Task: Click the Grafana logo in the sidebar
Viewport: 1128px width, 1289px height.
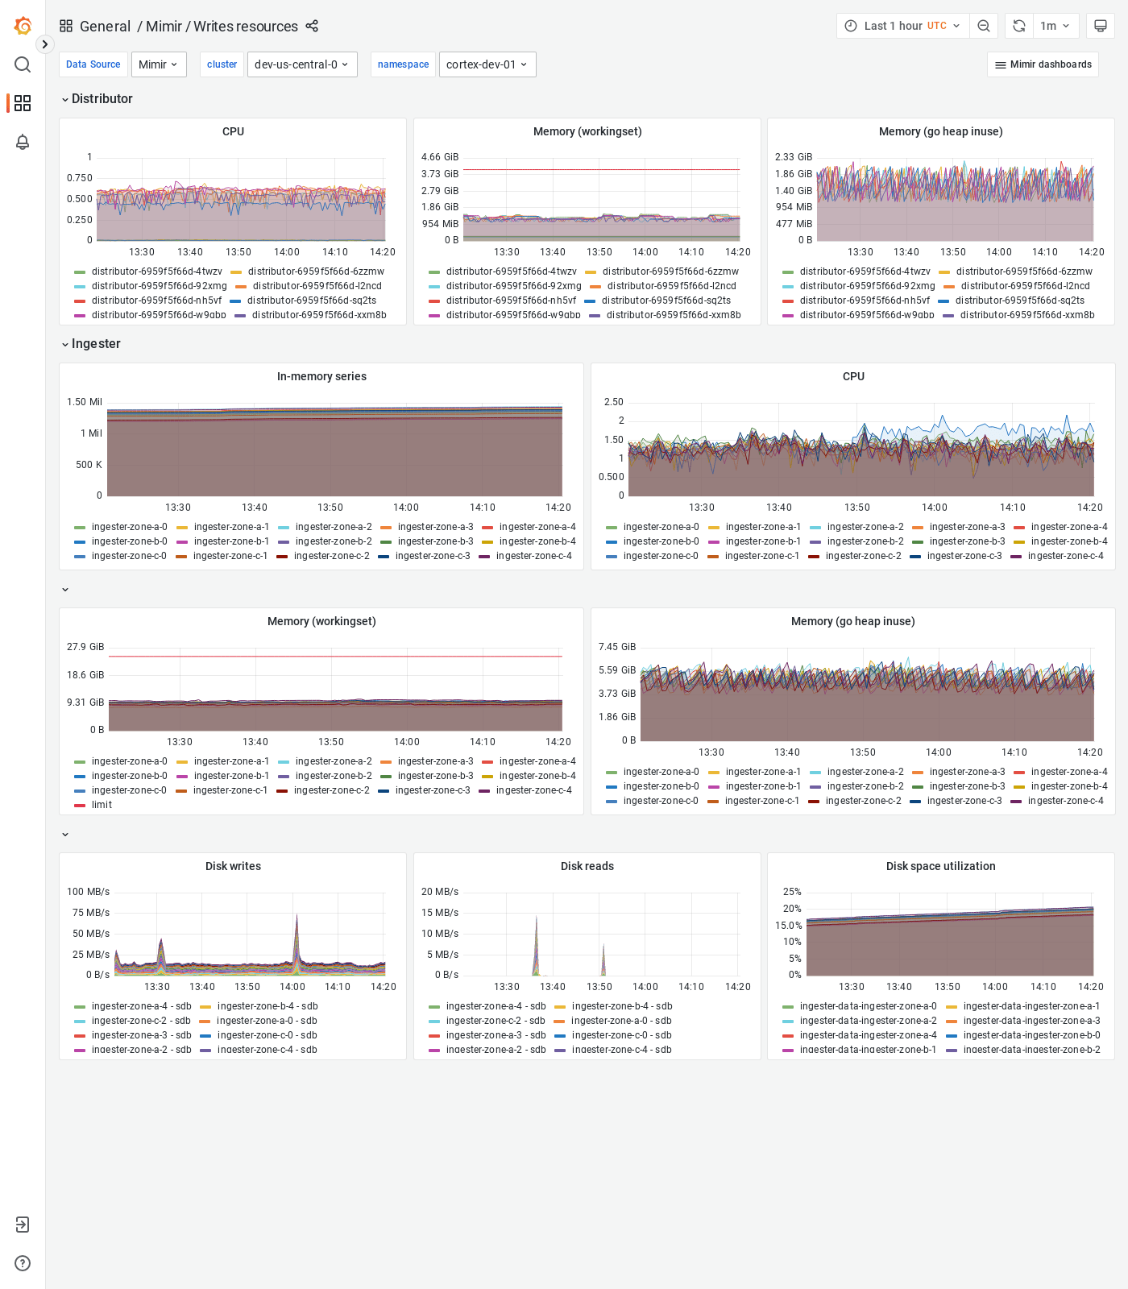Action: pyautogui.click(x=23, y=26)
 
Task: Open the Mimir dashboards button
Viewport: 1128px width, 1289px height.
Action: pyautogui.click(x=1043, y=64)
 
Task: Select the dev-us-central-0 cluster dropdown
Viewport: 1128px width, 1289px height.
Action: pyautogui.click(x=301, y=64)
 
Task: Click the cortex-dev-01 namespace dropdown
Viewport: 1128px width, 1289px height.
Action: pyautogui.click(x=487, y=64)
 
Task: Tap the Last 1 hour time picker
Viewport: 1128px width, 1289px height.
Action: pyautogui.click(x=902, y=26)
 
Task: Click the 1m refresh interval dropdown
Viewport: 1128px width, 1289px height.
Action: pyautogui.click(x=1054, y=26)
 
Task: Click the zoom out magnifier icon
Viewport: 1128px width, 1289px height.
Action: pyautogui.click(x=984, y=26)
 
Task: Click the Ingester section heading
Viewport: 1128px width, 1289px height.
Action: pyautogui.click(x=96, y=343)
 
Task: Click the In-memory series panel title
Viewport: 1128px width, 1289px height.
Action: pyautogui.click(x=321, y=376)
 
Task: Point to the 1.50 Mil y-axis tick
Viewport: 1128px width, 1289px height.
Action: pyautogui.click(x=85, y=402)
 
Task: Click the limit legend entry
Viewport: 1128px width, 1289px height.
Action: pyautogui.click(x=102, y=805)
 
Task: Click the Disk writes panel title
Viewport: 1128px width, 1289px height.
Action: pyautogui.click(x=233, y=866)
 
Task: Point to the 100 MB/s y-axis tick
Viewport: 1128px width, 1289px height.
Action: pyautogui.click(x=89, y=892)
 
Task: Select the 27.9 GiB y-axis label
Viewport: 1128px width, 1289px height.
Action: pyautogui.click(x=85, y=647)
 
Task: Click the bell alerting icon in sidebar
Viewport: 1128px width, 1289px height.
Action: pyautogui.click(x=23, y=142)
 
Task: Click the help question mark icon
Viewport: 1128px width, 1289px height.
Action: pyautogui.click(x=23, y=1263)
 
